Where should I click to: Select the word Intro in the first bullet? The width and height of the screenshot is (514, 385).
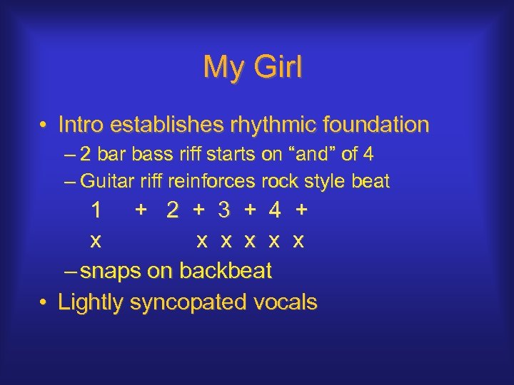pos(81,125)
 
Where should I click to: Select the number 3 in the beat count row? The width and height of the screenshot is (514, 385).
pos(224,211)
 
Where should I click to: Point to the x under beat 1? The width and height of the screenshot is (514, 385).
pos(95,241)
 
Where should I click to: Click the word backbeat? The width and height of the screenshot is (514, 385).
pos(226,271)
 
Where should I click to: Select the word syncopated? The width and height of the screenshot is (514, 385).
pos(188,302)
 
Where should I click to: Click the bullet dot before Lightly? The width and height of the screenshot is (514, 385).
pos(44,302)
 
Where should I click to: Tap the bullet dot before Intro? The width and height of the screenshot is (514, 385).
pos(44,125)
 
